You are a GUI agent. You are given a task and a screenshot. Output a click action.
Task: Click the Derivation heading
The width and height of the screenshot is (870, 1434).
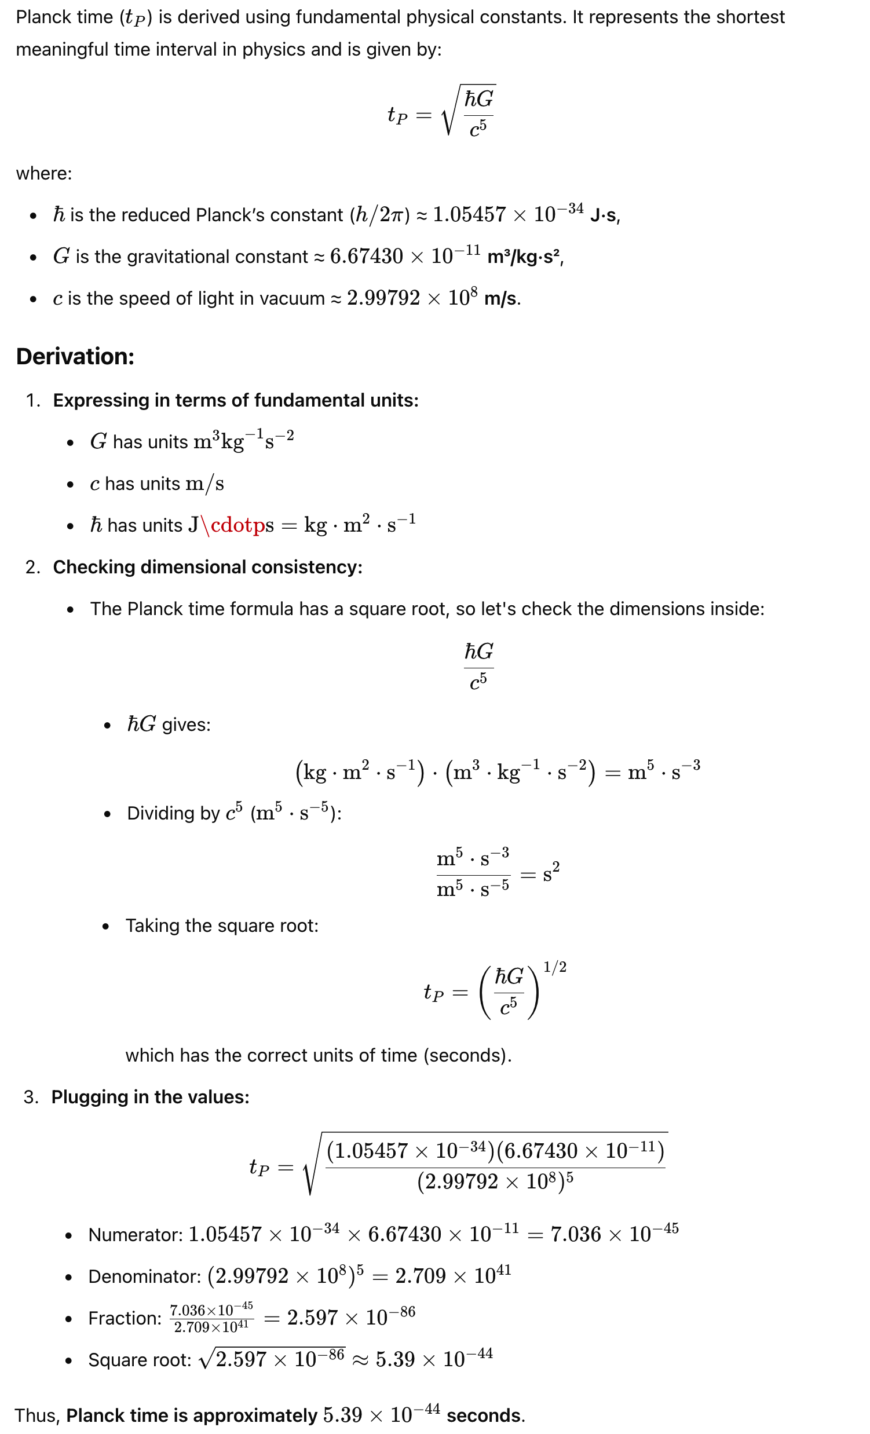(75, 356)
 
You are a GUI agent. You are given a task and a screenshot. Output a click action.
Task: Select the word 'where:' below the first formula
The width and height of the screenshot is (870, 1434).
(43, 173)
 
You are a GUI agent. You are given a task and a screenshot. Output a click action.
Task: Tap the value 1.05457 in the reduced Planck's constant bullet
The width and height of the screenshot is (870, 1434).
(469, 215)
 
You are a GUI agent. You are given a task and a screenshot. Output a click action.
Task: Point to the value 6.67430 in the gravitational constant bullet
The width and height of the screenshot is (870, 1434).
(366, 257)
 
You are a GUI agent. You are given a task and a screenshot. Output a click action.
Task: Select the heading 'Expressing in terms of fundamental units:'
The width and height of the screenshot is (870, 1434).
(236, 400)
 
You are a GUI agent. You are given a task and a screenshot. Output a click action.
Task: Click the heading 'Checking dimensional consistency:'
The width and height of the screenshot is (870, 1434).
(208, 567)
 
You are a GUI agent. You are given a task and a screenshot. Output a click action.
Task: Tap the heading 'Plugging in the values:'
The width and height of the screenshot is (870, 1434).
(150, 1097)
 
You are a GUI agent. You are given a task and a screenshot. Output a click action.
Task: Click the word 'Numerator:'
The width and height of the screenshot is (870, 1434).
(136, 1235)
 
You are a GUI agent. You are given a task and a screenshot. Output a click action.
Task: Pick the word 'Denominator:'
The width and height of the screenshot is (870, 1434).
(145, 1277)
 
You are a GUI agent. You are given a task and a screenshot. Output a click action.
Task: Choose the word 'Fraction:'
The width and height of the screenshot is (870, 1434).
(125, 1318)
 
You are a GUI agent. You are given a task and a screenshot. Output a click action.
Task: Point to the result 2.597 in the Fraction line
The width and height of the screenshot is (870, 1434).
(312, 1318)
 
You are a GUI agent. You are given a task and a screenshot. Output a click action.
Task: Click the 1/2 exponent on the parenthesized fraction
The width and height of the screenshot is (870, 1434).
(554, 967)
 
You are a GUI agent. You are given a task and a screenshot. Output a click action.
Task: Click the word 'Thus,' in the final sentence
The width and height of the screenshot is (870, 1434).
(36, 1415)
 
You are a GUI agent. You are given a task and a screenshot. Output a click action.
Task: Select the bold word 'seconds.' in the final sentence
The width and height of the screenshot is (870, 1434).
(485, 1415)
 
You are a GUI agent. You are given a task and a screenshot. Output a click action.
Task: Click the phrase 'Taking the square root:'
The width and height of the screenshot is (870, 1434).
(222, 926)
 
